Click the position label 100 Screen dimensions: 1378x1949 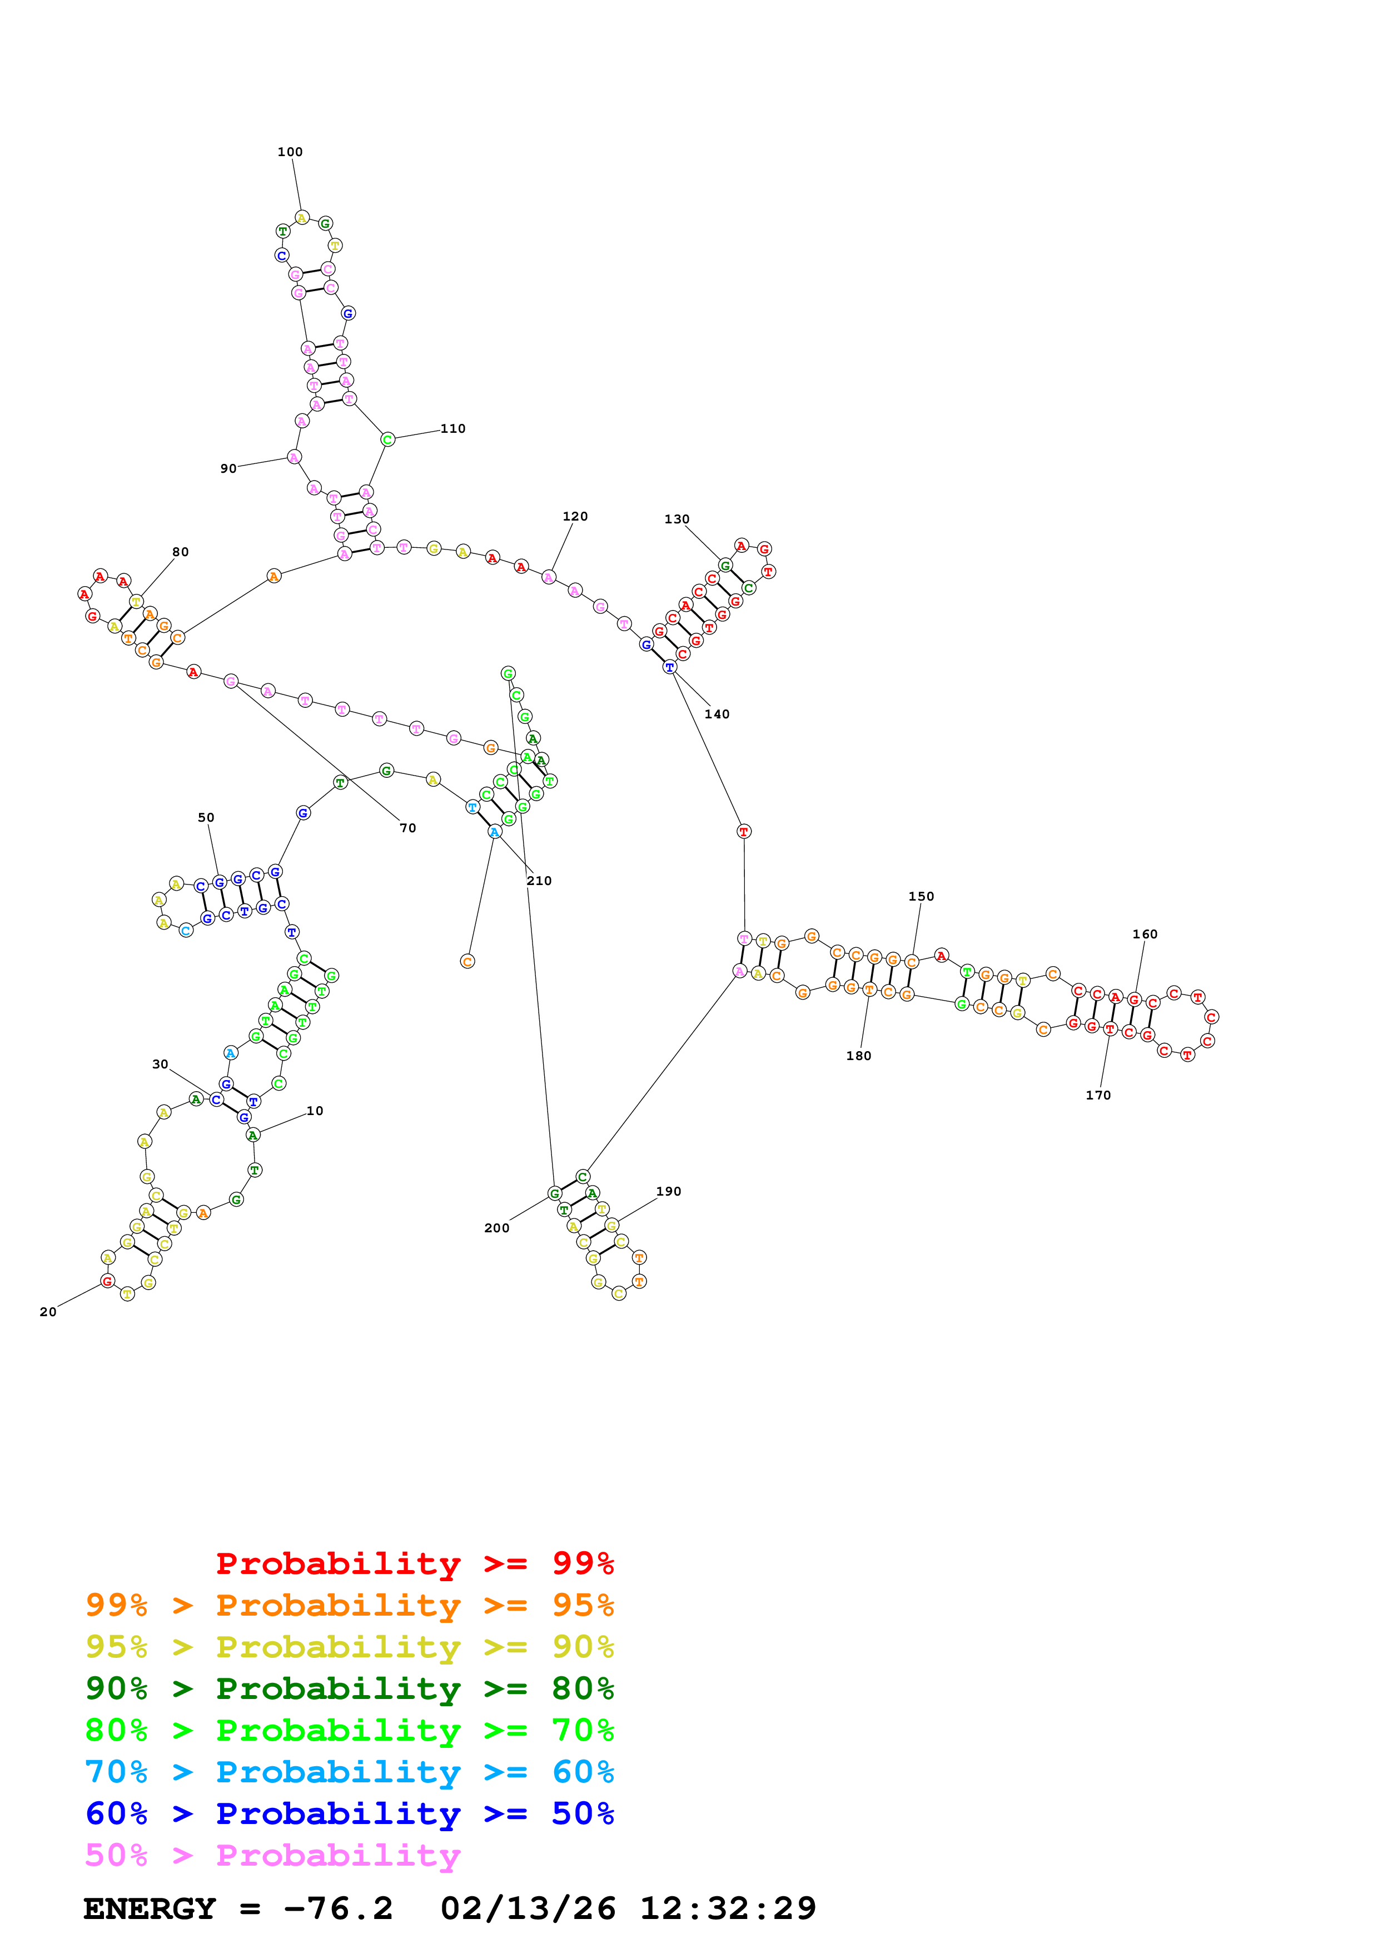(290, 152)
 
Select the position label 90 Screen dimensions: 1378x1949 (228, 468)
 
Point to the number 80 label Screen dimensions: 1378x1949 (180, 552)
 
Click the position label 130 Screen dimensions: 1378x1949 (676, 519)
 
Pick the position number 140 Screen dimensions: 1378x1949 (717, 714)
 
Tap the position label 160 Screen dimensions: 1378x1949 (1145, 934)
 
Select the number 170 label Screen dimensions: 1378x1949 (1098, 1095)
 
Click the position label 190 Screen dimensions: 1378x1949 (668, 1191)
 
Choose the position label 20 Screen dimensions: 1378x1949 (48, 1312)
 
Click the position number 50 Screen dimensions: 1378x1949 (206, 817)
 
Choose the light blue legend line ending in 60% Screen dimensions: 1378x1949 (349, 1772)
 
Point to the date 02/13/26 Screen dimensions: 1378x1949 (528, 1908)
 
